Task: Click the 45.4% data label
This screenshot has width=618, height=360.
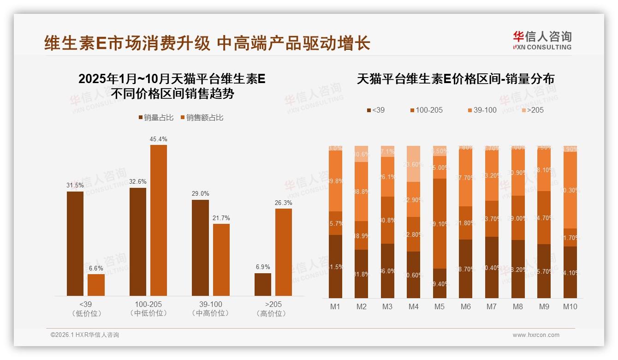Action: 158,139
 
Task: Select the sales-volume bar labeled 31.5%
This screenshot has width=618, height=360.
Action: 75,243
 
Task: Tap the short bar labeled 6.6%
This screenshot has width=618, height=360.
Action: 96,285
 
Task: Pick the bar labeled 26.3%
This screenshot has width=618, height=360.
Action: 284,252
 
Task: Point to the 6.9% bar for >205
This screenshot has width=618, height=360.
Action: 263,284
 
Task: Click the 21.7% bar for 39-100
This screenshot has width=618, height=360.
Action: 221,259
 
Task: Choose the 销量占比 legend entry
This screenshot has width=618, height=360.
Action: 156,118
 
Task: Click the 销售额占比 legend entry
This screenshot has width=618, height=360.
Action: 202,118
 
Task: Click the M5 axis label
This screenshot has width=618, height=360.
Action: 440,306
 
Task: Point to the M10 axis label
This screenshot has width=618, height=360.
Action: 570,306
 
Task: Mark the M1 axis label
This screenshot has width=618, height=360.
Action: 335,306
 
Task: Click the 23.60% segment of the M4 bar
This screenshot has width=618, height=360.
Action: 414,164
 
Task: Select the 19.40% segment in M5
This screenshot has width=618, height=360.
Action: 440,283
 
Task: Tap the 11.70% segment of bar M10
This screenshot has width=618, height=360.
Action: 570,237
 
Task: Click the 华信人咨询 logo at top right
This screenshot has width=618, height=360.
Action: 542,40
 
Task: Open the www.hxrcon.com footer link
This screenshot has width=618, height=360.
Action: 536,335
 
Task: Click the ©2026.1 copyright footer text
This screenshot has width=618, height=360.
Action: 84,335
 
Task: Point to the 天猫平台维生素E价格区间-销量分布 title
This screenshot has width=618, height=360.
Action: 455,79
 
